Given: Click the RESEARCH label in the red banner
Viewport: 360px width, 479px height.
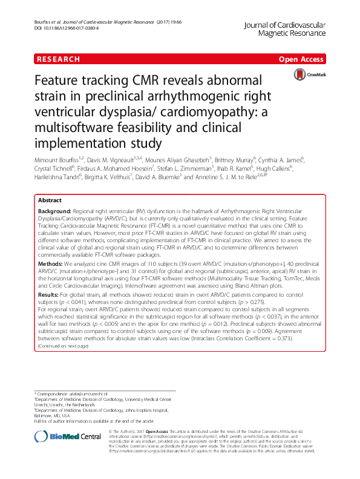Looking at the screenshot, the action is [58, 59].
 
